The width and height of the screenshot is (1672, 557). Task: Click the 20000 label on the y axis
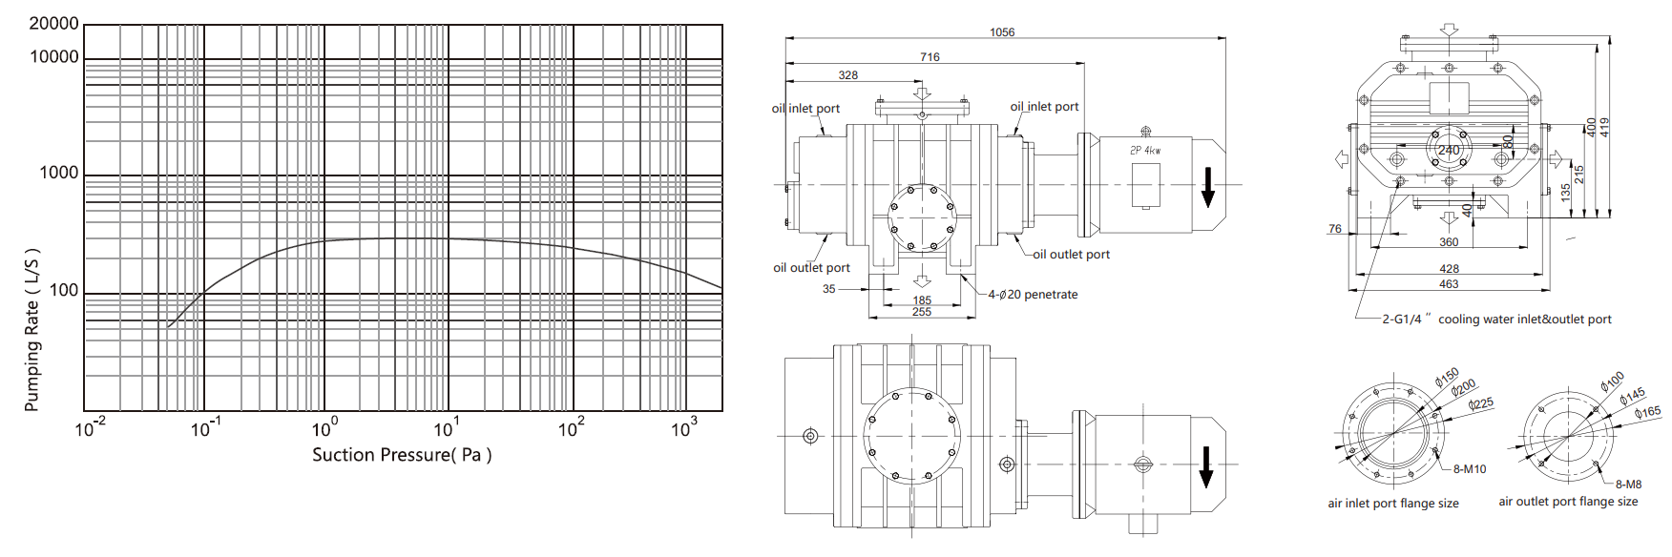53,24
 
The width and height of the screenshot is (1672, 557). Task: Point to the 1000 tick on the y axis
58,173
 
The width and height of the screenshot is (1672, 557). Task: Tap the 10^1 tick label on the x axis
446,428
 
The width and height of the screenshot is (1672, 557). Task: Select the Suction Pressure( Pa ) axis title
402,455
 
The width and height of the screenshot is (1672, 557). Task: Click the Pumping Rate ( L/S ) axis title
32,330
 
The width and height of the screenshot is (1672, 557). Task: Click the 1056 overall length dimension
1002,32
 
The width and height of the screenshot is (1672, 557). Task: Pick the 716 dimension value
930,57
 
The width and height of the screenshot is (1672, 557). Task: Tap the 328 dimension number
847,75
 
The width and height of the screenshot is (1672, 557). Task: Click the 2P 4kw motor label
1145,151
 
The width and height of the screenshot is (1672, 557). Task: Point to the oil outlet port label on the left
811,268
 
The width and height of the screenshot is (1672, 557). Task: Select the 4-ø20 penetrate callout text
1033,295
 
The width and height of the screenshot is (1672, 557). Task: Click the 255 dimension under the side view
921,312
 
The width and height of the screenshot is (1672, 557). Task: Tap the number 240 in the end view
1449,150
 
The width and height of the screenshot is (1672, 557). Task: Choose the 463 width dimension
1449,284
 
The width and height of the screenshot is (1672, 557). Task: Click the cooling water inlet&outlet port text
1524,320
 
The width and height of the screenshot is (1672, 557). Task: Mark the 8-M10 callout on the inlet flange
1470,469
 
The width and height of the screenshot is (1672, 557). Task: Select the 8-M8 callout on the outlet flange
1628,485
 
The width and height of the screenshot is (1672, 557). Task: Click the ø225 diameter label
1481,404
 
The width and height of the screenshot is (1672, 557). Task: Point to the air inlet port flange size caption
1392,504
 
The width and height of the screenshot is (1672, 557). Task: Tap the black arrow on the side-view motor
1207,187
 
